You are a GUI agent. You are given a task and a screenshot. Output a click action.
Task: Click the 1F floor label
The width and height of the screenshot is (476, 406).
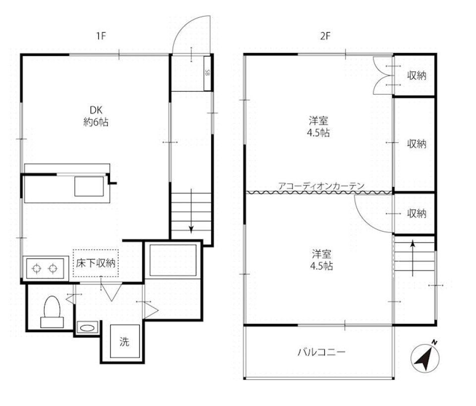(101, 36)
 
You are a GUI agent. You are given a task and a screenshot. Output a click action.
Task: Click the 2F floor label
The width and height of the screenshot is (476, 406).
(325, 36)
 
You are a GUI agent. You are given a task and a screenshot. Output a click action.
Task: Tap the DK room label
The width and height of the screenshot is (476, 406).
(96, 110)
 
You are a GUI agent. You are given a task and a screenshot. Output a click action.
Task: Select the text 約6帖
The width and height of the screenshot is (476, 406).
(96, 122)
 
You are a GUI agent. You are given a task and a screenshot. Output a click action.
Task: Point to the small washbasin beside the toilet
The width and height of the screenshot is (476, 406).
(87, 328)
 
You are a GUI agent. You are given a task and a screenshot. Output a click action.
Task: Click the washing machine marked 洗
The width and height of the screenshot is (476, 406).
(125, 342)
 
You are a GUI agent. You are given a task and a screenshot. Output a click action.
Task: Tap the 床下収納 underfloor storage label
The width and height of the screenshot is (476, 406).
(96, 263)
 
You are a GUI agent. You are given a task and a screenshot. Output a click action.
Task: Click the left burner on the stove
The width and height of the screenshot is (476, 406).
(36, 269)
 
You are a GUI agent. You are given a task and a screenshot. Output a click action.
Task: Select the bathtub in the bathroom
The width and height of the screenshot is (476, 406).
(173, 261)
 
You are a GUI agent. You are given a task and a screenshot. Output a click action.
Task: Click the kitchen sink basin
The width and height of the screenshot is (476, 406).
(89, 186)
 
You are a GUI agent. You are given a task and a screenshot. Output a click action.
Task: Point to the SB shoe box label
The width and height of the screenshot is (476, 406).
(207, 73)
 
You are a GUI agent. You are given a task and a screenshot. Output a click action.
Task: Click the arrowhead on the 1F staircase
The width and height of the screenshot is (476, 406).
(191, 230)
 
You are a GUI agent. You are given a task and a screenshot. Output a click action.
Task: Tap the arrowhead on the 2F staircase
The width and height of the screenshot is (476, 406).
(413, 244)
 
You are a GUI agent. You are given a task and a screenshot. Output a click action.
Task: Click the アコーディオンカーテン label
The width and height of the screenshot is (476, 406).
(321, 186)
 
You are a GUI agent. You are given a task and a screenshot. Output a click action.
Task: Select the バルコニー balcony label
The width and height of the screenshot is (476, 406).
(321, 352)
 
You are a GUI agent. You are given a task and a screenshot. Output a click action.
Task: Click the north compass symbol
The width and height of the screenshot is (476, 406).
(425, 357)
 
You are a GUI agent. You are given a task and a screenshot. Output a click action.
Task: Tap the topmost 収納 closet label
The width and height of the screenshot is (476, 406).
(417, 75)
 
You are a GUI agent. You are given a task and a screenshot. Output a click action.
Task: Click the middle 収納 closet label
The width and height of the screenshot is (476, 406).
(417, 144)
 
